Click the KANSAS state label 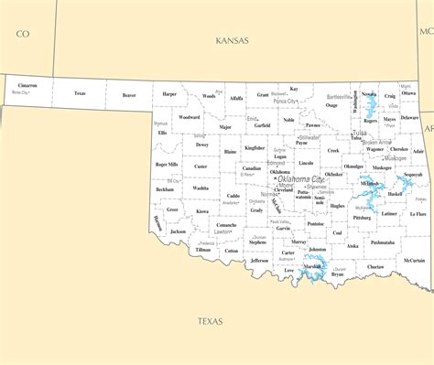point(232,40)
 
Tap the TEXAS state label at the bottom point(211,320)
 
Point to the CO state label point(23,34)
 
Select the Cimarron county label point(27,86)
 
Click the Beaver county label point(129,93)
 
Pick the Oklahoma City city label point(304,179)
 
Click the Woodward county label point(189,117)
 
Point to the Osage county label point(331,105)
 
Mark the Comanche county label point(225,223)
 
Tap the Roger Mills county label point(166,165)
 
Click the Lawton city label point(222,231)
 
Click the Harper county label point(169,93)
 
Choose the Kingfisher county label point(255,146)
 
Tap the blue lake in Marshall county point(317,268)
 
